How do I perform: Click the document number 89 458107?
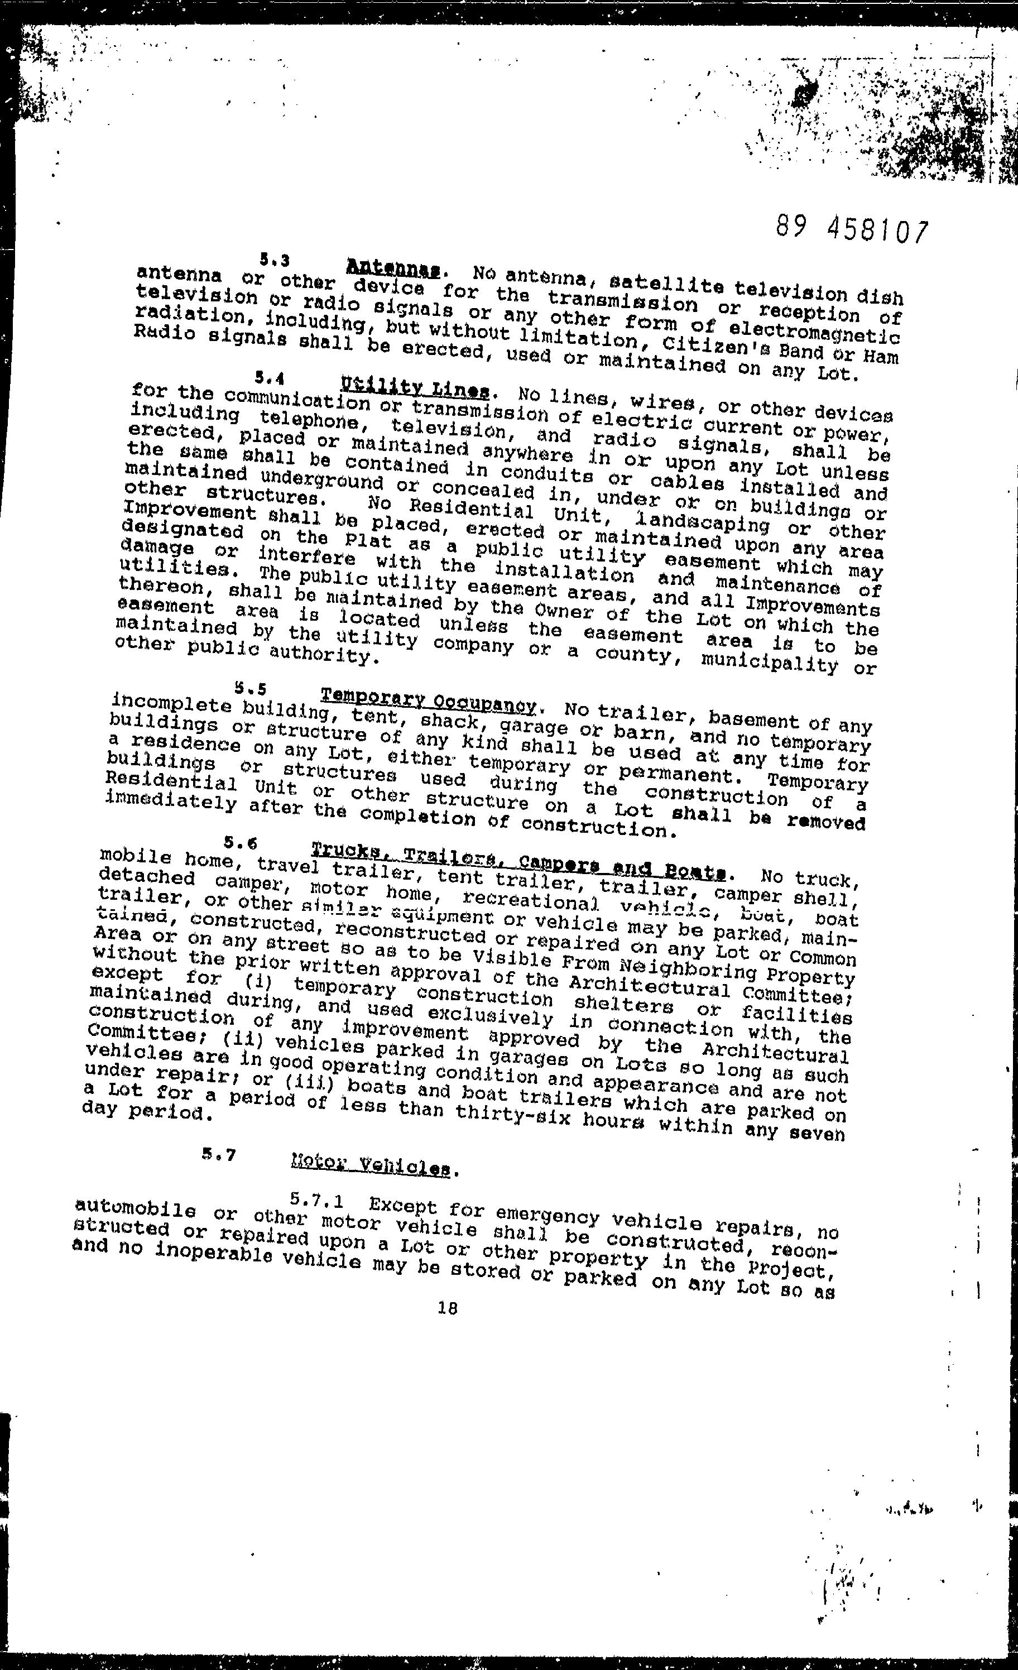coord(851,231)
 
